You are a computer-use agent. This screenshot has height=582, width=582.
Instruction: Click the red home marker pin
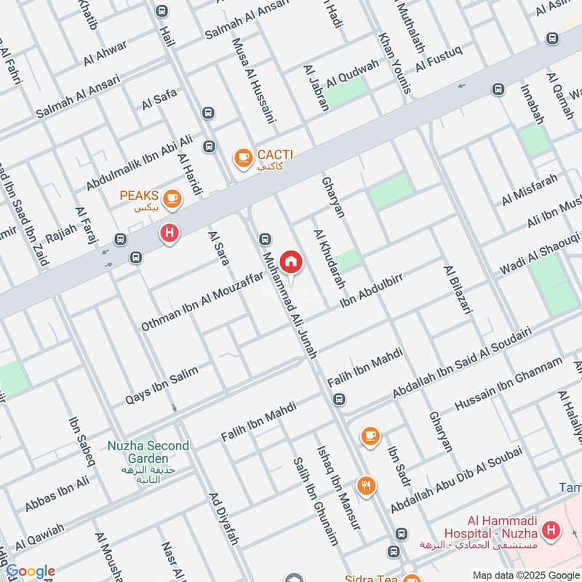click(291, 261)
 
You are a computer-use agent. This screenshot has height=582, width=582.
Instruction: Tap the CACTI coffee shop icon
click(242, 156)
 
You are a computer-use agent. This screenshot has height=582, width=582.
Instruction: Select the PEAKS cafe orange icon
click(172, 197)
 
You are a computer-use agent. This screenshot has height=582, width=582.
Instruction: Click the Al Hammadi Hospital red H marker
click(551, 530)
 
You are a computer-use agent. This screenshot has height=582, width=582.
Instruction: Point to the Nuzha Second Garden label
click(148, 452)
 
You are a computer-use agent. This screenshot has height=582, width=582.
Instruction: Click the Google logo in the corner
click(30, 572)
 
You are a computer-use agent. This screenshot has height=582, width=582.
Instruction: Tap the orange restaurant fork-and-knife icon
click(366, 485)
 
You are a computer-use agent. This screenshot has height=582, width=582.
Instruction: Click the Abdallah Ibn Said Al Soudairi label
click(462, 362)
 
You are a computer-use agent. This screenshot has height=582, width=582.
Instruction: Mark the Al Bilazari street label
click(458, 289)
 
